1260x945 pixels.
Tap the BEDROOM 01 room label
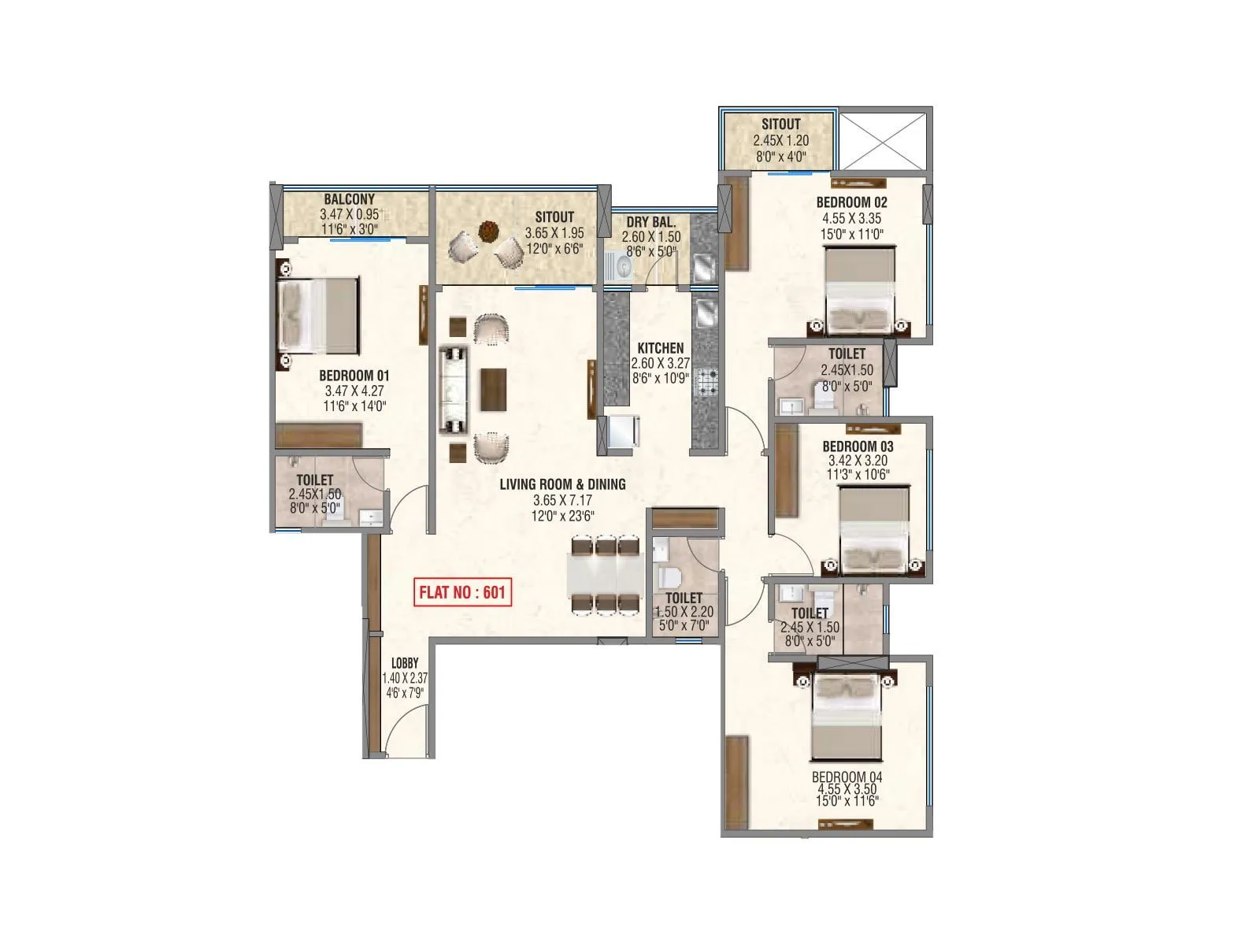point(354,376)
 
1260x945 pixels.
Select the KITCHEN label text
point(660,348)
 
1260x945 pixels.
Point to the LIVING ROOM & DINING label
point(562,484)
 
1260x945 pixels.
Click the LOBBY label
point(405,663)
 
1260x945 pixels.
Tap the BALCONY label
point(349,200)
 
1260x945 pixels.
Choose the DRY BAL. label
point(650,223)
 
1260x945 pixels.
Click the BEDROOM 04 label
point(847,776)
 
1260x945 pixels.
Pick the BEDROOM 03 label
point(858,447)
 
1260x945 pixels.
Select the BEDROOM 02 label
point(851,202)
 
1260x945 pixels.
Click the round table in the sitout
point(489,232)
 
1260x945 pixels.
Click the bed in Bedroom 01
point(318,316)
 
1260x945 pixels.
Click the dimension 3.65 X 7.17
point(561,501)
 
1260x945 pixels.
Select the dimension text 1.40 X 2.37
point(405,678)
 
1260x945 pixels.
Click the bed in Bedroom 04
point(847,717)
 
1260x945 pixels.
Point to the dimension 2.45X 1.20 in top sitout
point(780,140)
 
